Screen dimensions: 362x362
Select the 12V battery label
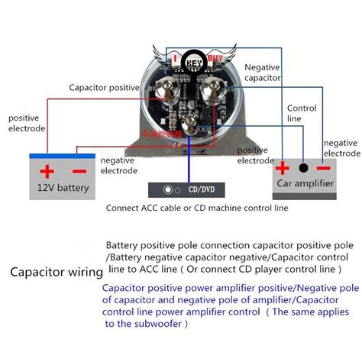(63, 187)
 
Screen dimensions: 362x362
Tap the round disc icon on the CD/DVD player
(168, 188)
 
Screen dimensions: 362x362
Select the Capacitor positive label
(103, 87)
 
